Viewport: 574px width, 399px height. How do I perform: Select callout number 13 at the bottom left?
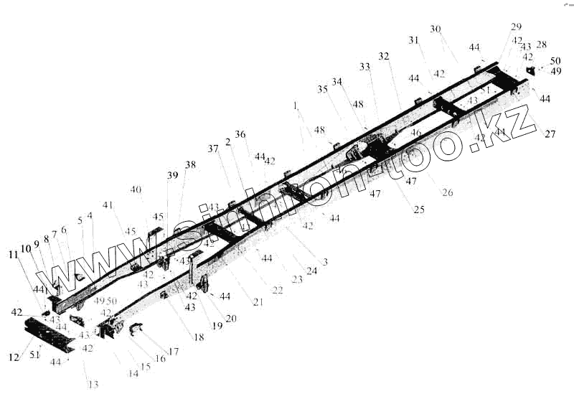[93, 384]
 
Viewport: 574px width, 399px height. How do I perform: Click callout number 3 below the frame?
[324, 262]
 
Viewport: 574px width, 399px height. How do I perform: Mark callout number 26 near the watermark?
[448, 192]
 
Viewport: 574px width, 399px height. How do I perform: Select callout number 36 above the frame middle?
[240, 134]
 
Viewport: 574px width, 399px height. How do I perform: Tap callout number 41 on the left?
[108, 205]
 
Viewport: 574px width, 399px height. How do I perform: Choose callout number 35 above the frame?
[321, 89]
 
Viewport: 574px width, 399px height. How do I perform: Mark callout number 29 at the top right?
[517, 27]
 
